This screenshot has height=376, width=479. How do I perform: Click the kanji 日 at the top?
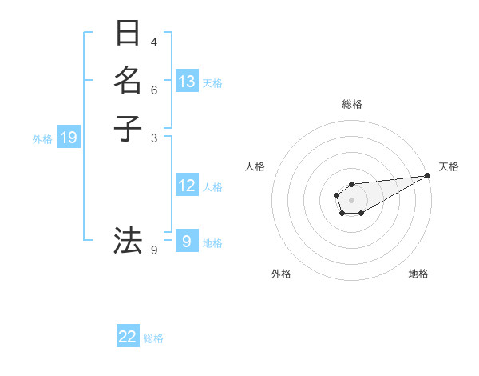tap(128, 34)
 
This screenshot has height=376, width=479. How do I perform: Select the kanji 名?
tap(128, 80)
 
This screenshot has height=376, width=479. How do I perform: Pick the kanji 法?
tap(128, 239)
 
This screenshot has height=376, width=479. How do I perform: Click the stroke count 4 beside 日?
tap(154, 42)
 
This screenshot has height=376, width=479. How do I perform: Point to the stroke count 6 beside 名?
tap(154, 89)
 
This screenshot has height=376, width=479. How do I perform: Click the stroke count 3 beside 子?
tap(154, 137)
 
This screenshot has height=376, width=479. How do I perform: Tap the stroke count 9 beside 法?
tap(154, 250)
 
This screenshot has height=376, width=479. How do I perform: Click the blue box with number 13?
tap(187, 82)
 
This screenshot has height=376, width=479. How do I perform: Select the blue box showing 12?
tap(187, 186)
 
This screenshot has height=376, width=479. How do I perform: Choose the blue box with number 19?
tap(69, 138)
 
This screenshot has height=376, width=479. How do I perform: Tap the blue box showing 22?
tap(128, 338)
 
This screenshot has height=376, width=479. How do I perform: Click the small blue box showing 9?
tap(187, 241)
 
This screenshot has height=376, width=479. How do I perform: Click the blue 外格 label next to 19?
tap(42, 139)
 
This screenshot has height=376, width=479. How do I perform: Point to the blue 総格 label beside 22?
tap(153, 338)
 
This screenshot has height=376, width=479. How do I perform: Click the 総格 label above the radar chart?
tap(351, 104)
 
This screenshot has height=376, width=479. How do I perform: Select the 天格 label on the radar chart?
tap(449, 166)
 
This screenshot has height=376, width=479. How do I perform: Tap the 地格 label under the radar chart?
tap(418, 274)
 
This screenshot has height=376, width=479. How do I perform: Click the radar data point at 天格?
tap(428, 175)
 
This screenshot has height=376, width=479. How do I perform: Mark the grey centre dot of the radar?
tap(351, 198)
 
